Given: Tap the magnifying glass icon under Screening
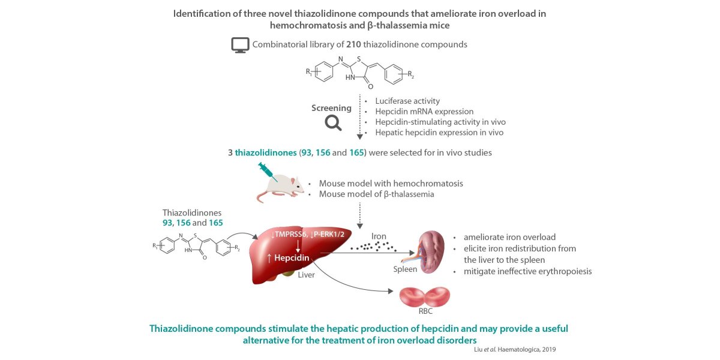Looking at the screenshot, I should tap(333, 123).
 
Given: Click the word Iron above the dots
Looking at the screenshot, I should tap(379, 236).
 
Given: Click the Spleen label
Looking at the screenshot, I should tap(405, 269).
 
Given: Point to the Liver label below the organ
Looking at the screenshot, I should tap(306, 275).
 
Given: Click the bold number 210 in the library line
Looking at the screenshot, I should tap(354, 44).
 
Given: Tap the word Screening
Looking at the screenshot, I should tap(331, 108).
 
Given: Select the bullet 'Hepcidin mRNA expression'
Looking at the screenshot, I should tap(424, 112).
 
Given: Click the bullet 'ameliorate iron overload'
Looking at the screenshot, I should tap(509, 236).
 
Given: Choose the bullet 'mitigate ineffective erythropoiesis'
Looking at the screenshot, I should tap(527, 271).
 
